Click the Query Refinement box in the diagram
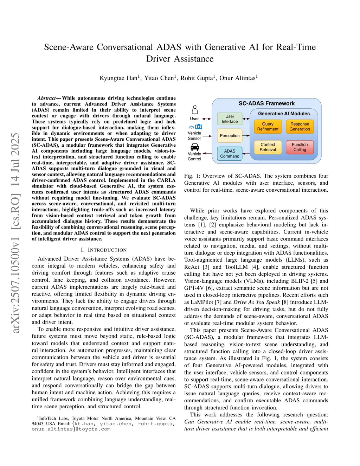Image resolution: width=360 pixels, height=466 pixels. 268,127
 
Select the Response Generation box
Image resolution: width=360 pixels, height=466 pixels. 300,127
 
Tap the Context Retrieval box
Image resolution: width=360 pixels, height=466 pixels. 268,147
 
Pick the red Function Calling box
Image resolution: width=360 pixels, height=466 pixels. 300,147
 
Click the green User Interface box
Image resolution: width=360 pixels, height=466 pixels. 230,119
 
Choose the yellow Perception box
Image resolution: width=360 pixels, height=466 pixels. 230,136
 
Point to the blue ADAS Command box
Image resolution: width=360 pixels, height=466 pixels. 230,154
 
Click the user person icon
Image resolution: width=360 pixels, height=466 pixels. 194,110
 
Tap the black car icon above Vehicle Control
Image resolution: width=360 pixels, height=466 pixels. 194,147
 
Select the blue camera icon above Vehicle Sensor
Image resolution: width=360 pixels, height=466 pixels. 199,127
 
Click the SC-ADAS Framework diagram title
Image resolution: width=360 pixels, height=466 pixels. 266,103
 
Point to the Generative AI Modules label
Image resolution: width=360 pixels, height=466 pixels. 284,114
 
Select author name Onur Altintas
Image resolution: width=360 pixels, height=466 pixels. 238,78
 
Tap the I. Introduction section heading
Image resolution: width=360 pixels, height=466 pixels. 104,250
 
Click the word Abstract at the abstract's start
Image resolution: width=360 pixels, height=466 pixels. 47,98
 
